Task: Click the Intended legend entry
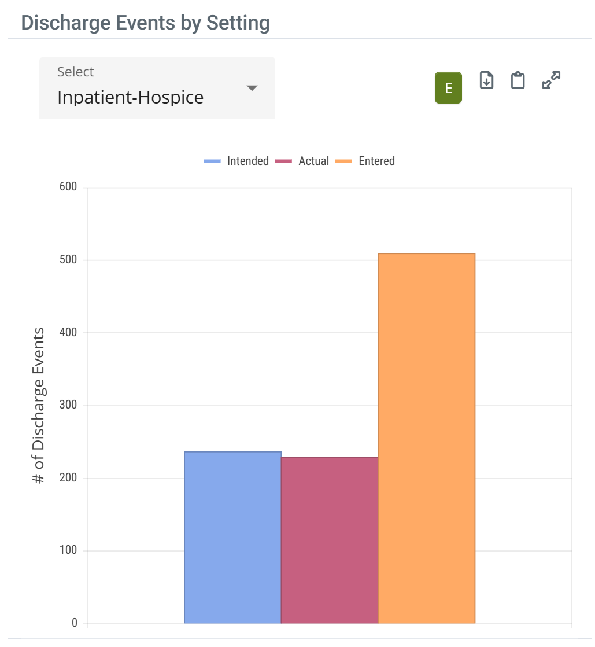tap(236, 161)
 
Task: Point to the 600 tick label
tap(68, 188)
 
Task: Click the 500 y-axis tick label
tap(68, 260)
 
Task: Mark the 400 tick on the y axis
tap(68, 333)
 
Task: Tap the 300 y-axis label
tap(68, 405)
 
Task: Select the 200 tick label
tap(68, 478)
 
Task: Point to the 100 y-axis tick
tap(68, 550)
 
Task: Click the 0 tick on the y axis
tap(74, 623)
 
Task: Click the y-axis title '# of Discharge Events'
tap(38, 405)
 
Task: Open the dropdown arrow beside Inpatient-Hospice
tap(252, 88)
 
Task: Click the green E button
tap(448, 88)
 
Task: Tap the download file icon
tap(487, 80)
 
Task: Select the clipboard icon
tap(518, 80)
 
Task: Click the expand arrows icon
tap(551, 80)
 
